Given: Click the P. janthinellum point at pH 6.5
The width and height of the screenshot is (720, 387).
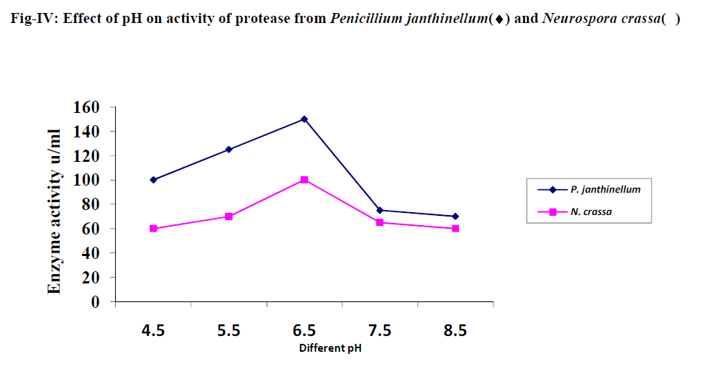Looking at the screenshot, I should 304,119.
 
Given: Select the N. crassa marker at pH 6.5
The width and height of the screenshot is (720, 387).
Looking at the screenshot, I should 304,180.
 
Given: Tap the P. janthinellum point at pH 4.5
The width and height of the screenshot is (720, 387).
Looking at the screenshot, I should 153,180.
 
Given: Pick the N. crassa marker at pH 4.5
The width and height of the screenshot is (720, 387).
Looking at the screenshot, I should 153,229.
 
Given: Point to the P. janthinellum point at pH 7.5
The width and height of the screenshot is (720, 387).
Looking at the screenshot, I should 380,210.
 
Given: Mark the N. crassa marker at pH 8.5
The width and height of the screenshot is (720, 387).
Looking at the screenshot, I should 455,229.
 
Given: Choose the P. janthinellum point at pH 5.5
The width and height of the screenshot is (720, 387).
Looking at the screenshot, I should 229,150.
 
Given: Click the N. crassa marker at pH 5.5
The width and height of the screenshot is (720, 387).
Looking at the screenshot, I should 229,217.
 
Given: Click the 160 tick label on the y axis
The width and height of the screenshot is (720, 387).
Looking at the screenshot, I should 86,107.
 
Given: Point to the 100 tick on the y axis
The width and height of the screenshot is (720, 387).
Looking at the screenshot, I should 86,180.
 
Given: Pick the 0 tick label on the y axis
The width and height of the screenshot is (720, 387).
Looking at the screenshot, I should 94,302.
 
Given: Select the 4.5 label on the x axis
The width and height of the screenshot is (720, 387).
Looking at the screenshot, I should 153,331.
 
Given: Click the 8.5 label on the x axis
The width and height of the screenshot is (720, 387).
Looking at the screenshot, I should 455,331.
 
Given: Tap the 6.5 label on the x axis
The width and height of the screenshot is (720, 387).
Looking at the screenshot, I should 304,331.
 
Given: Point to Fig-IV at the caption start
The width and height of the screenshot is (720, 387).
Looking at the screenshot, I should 34,18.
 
